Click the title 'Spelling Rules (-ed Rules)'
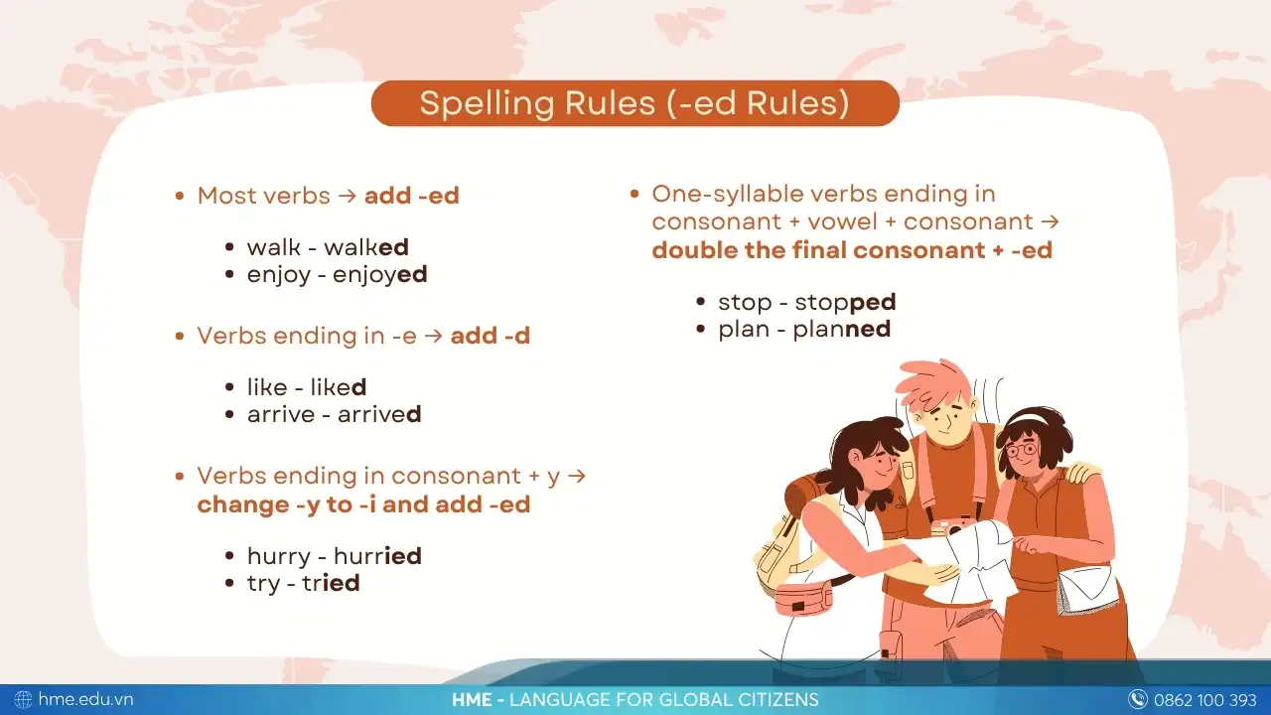click(635, 103)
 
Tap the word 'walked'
click(366, 247)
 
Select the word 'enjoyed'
click(379, 275)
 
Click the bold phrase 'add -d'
click(491, 336)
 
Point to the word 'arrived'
click(379, 414)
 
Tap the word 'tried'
click(331, 583)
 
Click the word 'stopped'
click(845, 303)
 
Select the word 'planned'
click(842, 329)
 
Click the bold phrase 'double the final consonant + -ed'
click(852, 250)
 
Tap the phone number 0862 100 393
click(1205, 700)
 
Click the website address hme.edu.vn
click(85, 699)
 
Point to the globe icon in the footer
click(23, 700)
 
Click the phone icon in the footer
click(1138, 700)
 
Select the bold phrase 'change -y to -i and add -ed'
click(363, 504)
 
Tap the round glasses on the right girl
click(1022, 450)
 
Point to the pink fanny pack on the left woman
click(803, 602)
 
